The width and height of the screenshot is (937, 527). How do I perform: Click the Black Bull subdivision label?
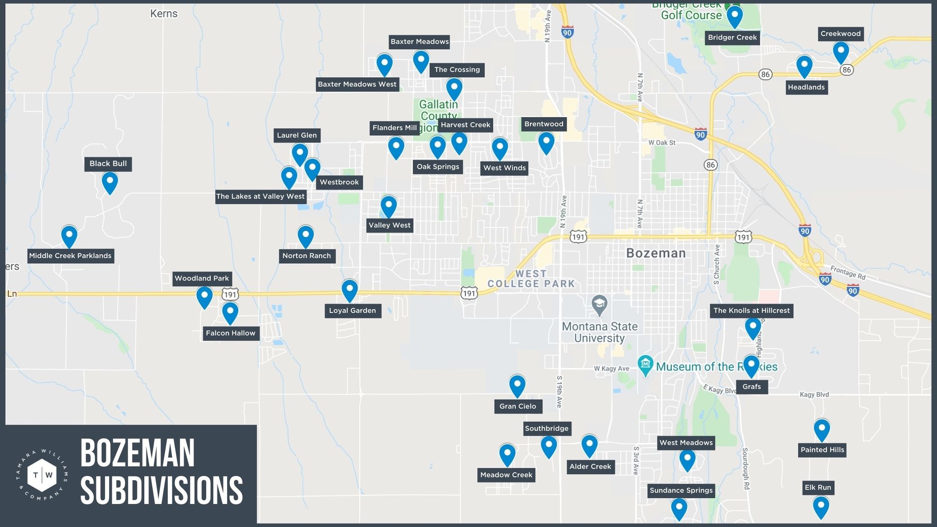point(108,163)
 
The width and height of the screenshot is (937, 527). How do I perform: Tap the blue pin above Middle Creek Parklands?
point(69,235)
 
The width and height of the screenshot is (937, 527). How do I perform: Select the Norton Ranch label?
point(306,256)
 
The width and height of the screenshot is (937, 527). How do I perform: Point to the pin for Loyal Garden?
point(350,289)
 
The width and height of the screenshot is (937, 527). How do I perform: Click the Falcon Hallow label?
point(231,333)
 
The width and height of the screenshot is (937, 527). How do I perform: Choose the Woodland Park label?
point(202,278)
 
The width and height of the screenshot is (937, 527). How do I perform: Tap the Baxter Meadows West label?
point(357,84)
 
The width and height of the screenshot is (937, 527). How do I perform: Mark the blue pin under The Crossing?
point(454,88)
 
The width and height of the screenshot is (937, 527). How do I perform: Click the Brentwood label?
point(543,124)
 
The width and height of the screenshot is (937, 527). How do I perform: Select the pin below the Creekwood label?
point(840,52)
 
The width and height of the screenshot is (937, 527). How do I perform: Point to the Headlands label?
point(806,87)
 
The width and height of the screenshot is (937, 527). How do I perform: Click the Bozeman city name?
point(656,253)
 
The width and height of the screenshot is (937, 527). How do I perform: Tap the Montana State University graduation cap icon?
point(599,304)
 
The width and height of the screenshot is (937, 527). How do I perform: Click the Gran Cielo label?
point(518,406)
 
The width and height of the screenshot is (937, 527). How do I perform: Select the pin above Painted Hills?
point(822,429)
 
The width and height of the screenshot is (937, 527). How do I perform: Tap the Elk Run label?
point(818,488)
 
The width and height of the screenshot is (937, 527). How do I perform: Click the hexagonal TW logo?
point(42,475)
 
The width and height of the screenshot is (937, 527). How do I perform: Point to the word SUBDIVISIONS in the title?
point(162,490)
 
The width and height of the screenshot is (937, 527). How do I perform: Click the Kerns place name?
point(164,14)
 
